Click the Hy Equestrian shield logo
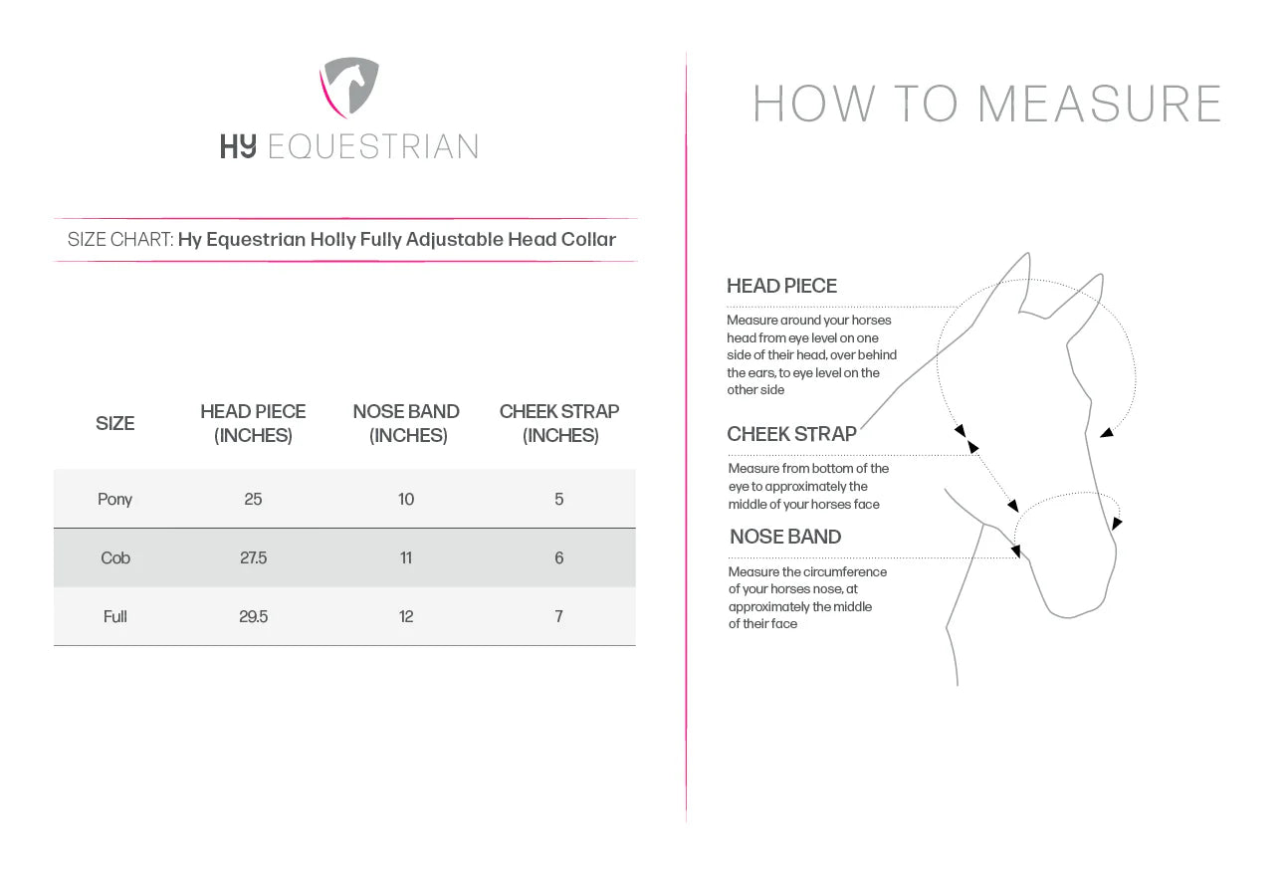pos(349,88)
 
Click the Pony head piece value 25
pos(253,499)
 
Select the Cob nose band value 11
pos(406,557)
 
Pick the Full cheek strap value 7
pos(559,616)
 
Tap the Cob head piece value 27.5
pos(253,557)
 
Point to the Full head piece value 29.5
pos(253,616)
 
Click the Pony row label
pos(114,499)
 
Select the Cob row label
pos(115,557)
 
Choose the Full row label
pos(115,616)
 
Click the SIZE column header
pos(114,423)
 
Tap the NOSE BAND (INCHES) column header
pos(406,423)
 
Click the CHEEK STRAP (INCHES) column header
pos(559,423)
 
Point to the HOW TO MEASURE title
pos(986,105)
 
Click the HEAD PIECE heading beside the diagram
pos(781,286)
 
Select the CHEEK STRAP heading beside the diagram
pos(791,434)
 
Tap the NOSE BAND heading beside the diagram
pos(785,537)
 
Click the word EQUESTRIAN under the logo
pos(373,147)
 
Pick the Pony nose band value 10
pos(406,499)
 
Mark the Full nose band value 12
pos(406,616)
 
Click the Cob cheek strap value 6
pos(559,557)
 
